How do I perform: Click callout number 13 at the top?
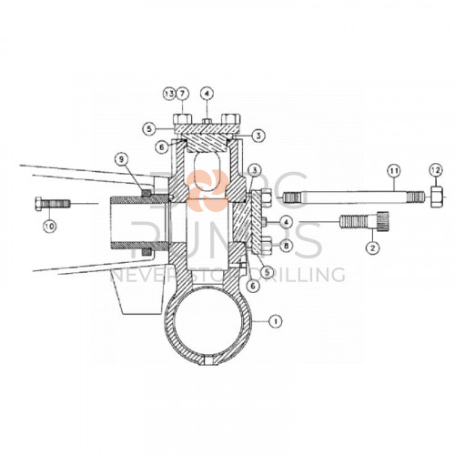coord(169,94)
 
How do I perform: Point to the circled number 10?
coord(49,225)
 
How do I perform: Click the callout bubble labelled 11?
coord(393,170)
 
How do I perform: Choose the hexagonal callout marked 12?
coord(435,170)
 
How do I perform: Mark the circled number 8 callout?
coord(286,245)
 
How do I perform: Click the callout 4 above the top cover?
coord(207,94)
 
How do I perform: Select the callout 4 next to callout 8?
coord(286,223)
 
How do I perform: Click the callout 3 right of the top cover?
coord(258,135)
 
